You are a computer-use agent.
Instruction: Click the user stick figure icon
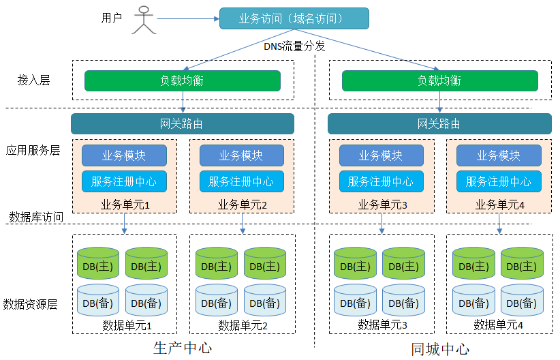coord(144,19)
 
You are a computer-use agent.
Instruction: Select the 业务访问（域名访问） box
coord(294,18)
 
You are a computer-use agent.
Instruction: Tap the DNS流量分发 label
coord(294,46)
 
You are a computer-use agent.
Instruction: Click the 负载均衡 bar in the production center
coord(182,80)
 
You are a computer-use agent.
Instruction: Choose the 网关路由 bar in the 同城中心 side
coord(439,123)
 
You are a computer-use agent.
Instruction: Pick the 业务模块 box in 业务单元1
coord(124,155)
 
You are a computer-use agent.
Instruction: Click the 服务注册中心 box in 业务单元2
coord(241,181)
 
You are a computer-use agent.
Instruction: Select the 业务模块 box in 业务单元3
coord(381,155)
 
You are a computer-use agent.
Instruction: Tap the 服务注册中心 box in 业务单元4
coord(499,181)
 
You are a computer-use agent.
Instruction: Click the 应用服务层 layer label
coord(33,151)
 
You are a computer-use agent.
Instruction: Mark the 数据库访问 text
coord(36,217)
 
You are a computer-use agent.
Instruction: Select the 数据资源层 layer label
coord(30,304)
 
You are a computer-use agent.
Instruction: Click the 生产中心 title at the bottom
coord(183,348)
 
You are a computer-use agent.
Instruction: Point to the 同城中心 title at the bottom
coord(440,350)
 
